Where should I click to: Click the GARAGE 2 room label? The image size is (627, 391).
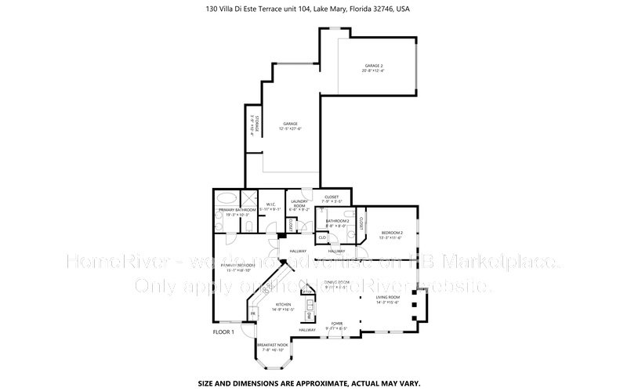tap(372, 66)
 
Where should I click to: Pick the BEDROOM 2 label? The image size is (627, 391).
tap(392, 233)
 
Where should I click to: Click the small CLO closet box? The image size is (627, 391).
tap(322, 237)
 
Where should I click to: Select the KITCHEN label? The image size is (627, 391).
tap(284, 304)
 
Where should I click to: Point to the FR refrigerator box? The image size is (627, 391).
tap(253, 313)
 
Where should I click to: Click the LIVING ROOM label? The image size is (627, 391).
tap(388, 298)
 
